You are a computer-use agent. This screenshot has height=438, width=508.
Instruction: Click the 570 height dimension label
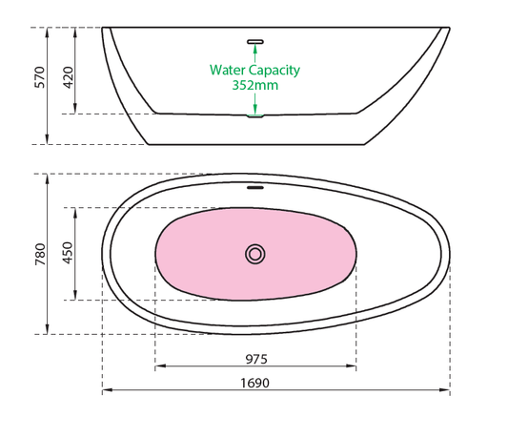click(39, 77)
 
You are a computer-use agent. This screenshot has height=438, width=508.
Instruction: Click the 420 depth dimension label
click(68, 77)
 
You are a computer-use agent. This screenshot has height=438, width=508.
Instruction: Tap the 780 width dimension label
click(40, 254)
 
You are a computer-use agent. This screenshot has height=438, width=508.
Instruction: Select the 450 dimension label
click(68, 253)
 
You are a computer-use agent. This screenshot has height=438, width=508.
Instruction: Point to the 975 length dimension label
click(256, 359)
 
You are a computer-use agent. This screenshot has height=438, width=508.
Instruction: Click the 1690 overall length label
click(255, 384)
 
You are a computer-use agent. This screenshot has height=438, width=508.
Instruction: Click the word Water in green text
click(228, 70)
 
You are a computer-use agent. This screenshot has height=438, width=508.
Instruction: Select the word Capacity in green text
click(274, 71)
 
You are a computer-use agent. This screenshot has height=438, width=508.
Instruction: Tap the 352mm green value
click(255, 85)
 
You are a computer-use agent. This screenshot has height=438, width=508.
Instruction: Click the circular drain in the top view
click(255, 254)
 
